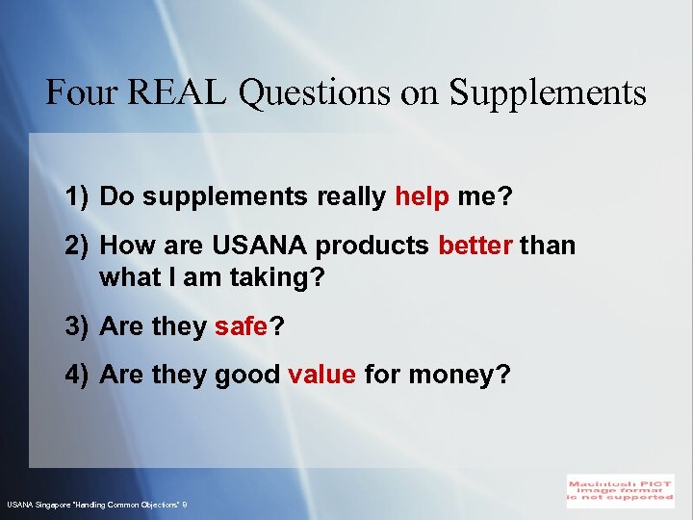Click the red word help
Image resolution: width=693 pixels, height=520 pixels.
[x=422, y=197]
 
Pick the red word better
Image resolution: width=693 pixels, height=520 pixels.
[x=475, y=246]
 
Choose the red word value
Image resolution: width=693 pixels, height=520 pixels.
[x=321, y=375]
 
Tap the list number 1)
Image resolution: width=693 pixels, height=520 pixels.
[x=79, y=197]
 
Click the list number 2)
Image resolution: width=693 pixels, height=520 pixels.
[x=79, y=246]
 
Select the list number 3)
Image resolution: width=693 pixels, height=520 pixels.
[x=79, y=326]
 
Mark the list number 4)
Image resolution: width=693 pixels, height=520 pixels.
[x=79, y=375]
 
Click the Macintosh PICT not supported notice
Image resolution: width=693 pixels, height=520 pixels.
[x=620, y=489]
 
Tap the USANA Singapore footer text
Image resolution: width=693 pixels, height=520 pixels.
[x=96, y=505]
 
